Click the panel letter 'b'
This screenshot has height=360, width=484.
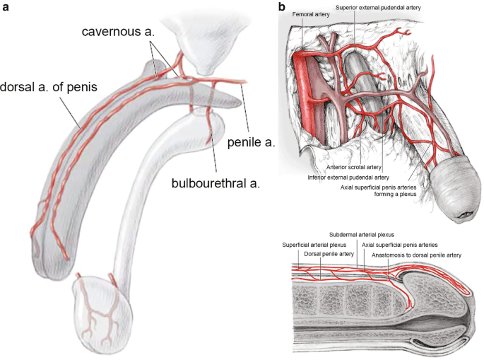[x=283, y=8]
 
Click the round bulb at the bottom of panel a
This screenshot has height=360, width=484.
[x=99, y=312]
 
